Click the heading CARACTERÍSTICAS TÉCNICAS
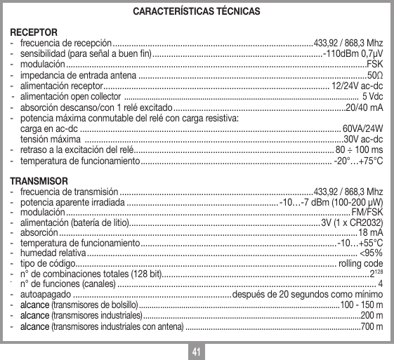pos(197,12)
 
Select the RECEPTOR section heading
pos(29,32)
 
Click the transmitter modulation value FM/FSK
pos(367,212)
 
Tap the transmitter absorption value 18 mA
pos(370,233)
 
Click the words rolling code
pos(360,264)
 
